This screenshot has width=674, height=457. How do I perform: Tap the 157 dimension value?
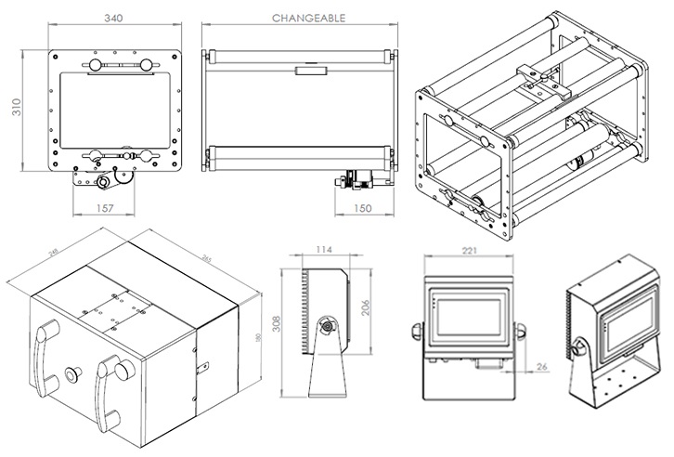pos(105,208)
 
